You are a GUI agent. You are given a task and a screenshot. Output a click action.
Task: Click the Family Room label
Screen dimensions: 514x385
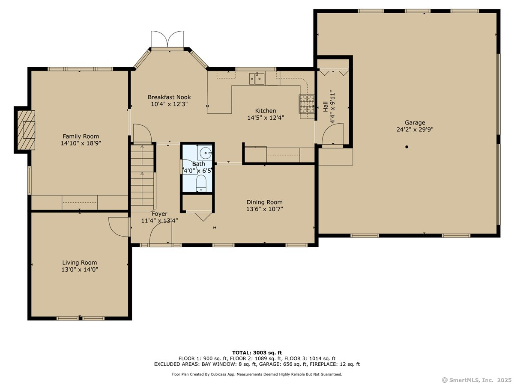click(81, 136)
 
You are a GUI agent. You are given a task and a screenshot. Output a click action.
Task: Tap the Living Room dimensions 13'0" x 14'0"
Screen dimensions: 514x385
click(80, 269)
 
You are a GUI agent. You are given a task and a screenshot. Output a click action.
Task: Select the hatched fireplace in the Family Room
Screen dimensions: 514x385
click(26, 130)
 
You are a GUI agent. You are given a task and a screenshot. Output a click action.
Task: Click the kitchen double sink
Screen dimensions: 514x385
click(257, 78)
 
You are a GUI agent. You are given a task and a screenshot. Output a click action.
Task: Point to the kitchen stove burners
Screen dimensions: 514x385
click(307, 104)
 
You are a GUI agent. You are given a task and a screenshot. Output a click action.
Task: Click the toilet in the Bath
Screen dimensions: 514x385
click(201, 183)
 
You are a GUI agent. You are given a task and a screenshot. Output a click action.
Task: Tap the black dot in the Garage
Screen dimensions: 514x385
click(407, 147)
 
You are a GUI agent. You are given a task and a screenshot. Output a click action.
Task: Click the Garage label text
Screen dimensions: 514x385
click(415, 122)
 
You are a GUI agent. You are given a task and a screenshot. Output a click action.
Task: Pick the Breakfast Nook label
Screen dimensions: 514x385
click(169, 97)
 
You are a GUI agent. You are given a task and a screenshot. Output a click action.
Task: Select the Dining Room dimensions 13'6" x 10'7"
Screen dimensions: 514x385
click(265, 209)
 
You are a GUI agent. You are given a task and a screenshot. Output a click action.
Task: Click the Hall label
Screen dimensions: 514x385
click(326, 107)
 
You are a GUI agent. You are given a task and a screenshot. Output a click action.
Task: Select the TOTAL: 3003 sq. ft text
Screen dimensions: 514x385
click(257, 353)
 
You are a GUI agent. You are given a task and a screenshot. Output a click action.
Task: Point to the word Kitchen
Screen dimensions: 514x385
click(266, 110)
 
